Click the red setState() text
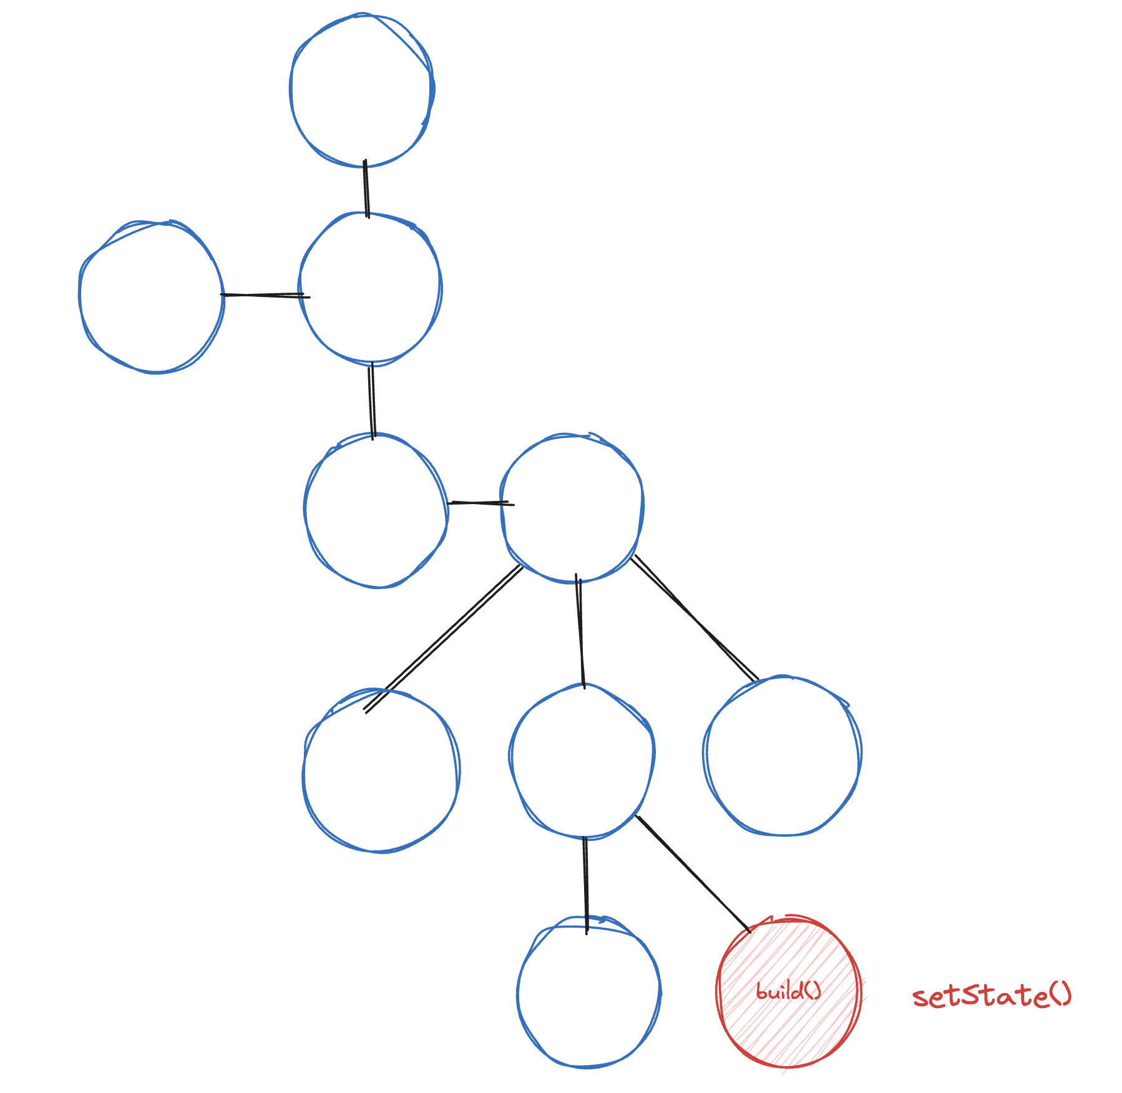(x=991, y=996)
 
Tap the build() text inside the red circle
(x=788, y=991)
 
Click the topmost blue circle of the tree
(x=362, y=90)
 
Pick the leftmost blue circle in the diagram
(x=152, y=297)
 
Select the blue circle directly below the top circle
(x=371, y=288)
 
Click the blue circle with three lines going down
(x=572, y=508)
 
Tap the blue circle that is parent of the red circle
(x=582, y=760)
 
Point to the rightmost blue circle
(x=783, y=756)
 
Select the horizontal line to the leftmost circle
(x=265, y=295)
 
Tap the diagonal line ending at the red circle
(x=693, y=873)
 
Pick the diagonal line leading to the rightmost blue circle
(x=694, y=618)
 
